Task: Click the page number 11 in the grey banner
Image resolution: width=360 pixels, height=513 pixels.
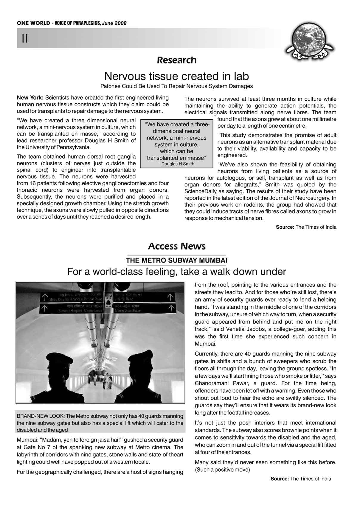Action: [x=25, y=38]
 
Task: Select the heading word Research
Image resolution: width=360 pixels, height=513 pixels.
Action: [x=177, y=60]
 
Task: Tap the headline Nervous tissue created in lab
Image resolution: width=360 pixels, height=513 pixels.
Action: [x=176, y=76]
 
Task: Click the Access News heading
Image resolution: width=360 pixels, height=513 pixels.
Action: [x=177, y=247]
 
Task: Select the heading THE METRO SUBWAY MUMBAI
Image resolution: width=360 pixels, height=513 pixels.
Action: [x=176, y=261]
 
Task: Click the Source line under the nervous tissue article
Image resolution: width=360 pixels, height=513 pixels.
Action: [x=306, y=227]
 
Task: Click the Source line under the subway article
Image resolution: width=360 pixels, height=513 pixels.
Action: [x=301, y=479]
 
